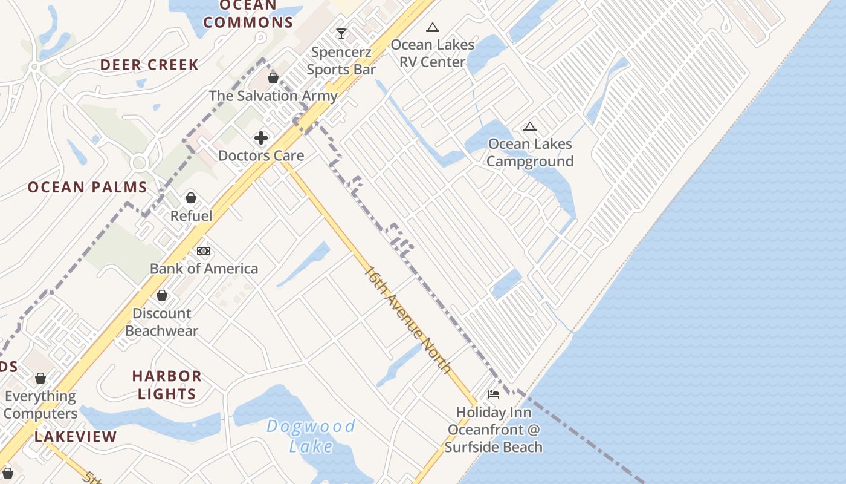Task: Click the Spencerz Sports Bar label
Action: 341,61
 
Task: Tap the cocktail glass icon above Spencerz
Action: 341,33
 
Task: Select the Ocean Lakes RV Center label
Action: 433,53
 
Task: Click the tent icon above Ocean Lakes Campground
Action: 530,126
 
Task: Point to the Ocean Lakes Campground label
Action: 530,152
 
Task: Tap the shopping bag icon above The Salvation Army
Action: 273,77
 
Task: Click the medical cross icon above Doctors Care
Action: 261,138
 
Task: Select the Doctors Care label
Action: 261,155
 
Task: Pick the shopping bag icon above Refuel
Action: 191,198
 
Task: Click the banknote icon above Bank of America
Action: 204,250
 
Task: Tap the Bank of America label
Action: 204,269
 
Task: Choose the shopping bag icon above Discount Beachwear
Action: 162,295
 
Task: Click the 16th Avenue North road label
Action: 407,319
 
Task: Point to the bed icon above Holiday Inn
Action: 494,394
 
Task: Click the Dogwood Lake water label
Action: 311,436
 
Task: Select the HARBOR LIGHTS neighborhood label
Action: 167,385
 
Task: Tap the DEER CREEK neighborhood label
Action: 149,65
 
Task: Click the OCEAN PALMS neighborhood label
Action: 88,187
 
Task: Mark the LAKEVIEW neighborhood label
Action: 76,437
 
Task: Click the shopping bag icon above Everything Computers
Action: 40,378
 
